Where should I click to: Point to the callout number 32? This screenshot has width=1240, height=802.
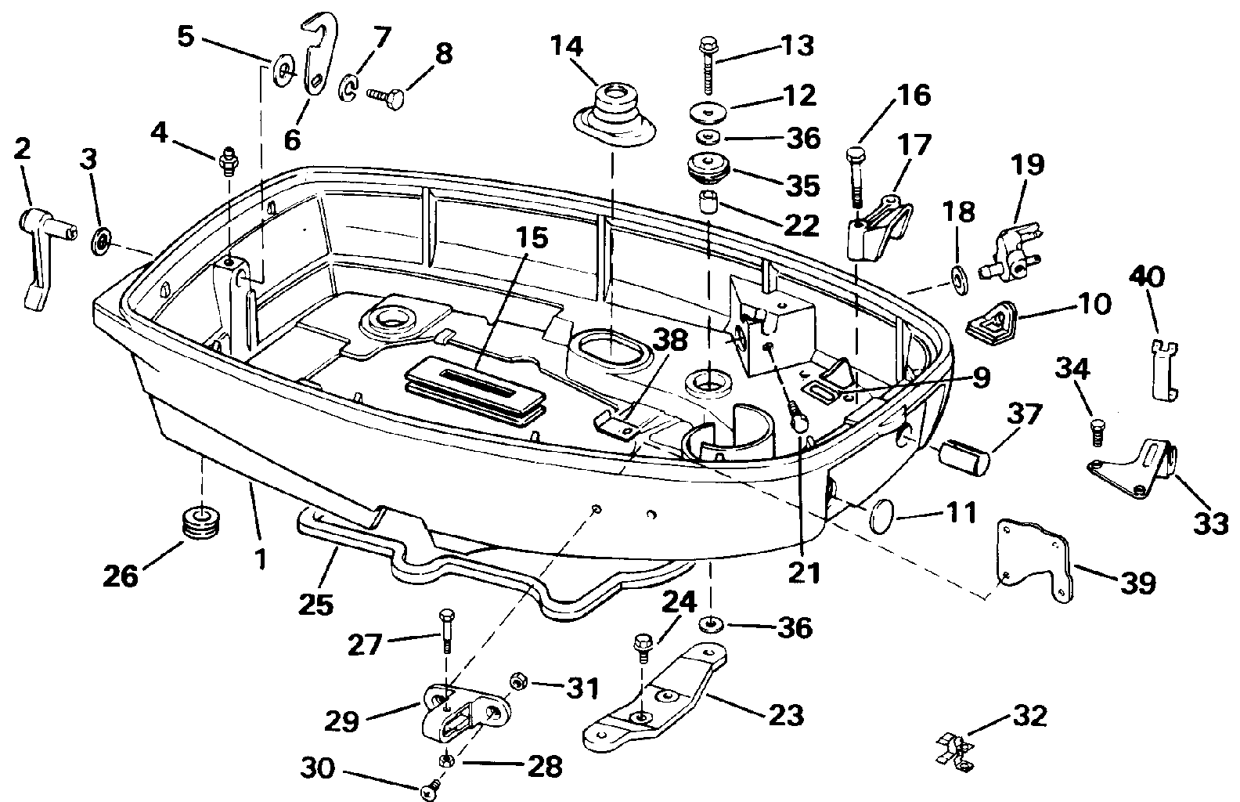click(x=1026, y=717)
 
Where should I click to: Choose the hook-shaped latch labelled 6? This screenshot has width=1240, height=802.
click(x=317, y=55)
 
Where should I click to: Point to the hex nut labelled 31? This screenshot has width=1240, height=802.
click(x=517, y=682)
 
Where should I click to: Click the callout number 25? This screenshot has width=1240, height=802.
click(x=315, y=603)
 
